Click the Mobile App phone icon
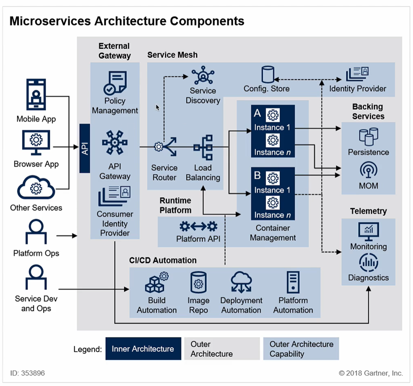[x=36, y=95]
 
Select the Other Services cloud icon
[x=36, y=188]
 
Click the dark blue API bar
[x=84, y=148]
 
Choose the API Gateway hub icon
[x=115, y=143]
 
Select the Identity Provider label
[x=357, y=89]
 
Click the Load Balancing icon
[x=203, y=147]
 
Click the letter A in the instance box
[x=257, y=114]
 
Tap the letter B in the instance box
[x=257, y=176]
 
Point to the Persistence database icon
[x=368, y=136]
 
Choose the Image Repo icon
[x=198, y=283]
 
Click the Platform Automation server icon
[x=293, y=282]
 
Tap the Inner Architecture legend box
[x=143, y=349]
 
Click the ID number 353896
[x=32, y=373]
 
